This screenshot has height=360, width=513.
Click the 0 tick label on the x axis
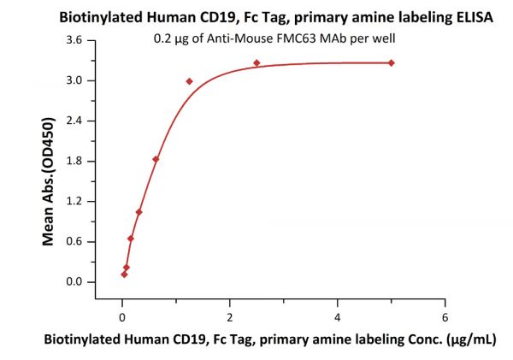coord(122,304)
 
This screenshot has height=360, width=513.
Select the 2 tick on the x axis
coord(229,304)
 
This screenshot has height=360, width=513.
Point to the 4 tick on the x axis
coord(337,304)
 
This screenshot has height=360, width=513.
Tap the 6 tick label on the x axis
coord(444,304)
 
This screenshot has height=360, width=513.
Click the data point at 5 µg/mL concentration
coord(391,62)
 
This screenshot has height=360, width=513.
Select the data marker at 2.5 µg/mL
coord(256,62)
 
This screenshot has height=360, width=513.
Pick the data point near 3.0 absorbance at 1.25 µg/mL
coord(189,81)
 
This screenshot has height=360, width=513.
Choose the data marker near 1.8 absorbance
coord(156,159)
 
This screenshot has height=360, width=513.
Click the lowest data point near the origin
coord(124,274)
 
